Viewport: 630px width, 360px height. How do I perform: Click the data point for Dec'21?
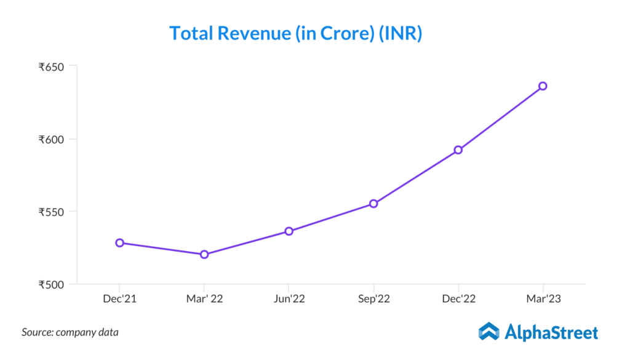(119, 242)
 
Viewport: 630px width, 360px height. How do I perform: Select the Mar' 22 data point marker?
(204, 254)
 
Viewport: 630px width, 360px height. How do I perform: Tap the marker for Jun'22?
(289, 231)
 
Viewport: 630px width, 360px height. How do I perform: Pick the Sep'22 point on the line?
(373, 204)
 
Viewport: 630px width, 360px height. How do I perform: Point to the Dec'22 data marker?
(458, 150)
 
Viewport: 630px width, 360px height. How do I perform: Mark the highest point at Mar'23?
(543, 86)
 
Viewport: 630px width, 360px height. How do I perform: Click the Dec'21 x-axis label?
(119, 298)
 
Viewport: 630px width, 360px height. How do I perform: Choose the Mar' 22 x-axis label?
(204, 298)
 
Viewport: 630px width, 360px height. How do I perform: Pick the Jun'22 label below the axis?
(289, 298)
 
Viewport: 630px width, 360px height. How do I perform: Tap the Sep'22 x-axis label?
(373, 298)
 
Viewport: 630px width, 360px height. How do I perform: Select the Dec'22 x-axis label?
(458, 298)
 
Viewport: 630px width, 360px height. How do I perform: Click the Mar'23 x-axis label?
(543, 298)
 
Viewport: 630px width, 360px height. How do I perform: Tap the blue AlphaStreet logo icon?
(489, 332)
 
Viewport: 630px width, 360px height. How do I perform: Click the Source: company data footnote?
(70, 332)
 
